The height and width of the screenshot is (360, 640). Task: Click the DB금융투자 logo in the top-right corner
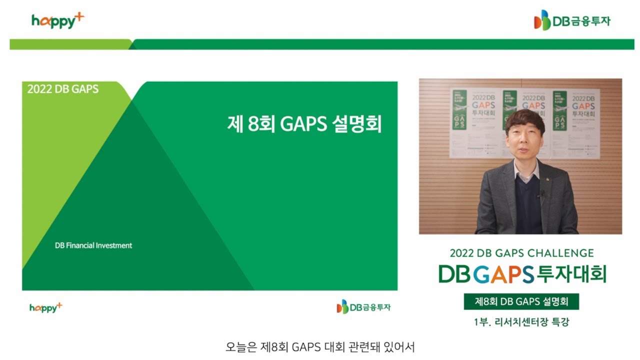pos(572,20)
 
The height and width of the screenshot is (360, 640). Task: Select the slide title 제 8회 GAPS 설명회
pos(304,124)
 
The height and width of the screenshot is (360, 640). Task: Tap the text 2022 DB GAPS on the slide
pos(63,89)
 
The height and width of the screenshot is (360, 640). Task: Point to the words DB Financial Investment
pos(93,245)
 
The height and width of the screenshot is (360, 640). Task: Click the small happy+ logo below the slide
pos(45,307)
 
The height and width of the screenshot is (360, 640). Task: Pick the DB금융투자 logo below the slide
pos(363,306)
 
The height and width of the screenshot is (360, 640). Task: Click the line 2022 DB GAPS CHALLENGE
pos(521,253)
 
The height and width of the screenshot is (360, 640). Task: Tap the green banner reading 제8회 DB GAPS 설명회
pos(521,301)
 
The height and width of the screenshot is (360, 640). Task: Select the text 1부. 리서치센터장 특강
pos(521,322)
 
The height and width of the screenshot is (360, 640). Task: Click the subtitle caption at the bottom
pos(320,346)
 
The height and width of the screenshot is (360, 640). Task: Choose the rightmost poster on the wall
pos(576,122)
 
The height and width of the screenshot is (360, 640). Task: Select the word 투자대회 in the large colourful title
pos(571,273)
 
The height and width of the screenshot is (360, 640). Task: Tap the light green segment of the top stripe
pos(70,44)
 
